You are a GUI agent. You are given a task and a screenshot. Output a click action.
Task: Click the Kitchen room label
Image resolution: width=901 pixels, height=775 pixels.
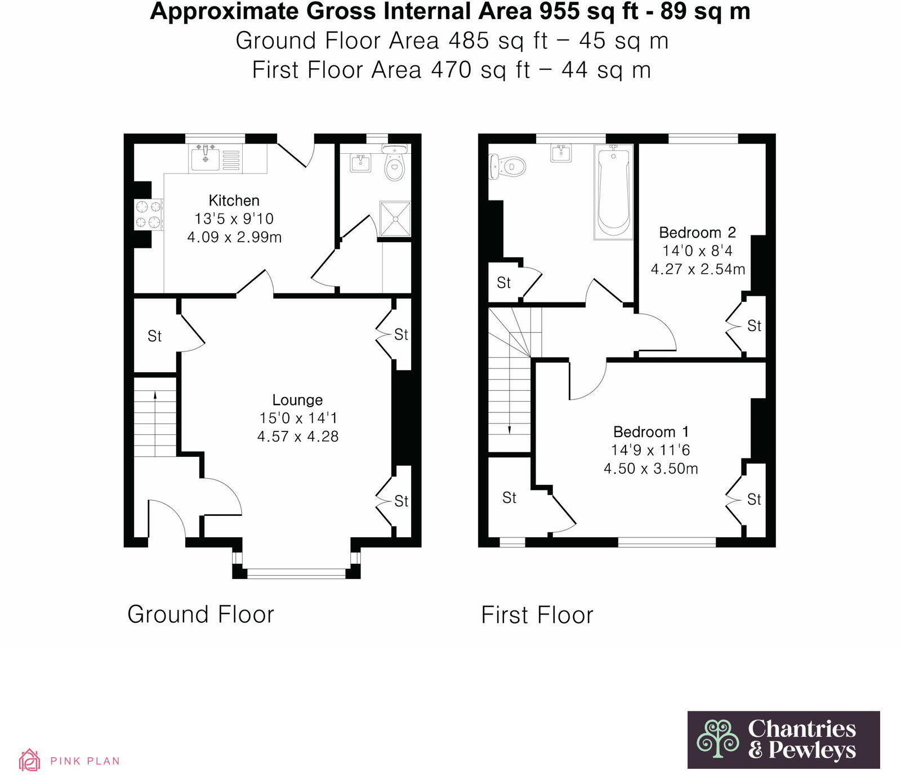point(234,201)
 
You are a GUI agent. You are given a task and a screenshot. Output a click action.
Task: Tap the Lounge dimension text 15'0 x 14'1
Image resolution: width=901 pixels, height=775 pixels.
point(298,418)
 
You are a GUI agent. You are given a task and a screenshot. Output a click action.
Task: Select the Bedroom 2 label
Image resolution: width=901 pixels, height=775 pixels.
point(697,233)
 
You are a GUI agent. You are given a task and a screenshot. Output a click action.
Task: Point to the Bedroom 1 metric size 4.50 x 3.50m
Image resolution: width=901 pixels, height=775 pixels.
point(650,469)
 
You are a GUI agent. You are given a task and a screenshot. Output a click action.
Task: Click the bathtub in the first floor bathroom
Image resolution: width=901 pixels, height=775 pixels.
point(613,191)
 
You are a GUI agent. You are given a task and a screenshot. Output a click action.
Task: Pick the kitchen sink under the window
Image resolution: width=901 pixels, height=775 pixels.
point(206,157)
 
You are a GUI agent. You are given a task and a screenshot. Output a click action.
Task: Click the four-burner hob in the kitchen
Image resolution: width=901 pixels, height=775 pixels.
point(148,215)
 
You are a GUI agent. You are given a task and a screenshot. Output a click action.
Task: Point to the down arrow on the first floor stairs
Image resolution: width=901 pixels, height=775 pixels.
point(510,429)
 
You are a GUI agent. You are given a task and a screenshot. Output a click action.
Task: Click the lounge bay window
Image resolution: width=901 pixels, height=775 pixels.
point(296,573)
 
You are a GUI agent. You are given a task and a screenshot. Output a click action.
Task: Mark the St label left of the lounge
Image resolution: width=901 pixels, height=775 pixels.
point(154,336)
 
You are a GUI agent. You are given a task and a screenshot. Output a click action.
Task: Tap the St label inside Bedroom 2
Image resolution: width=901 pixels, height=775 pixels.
point(753,326)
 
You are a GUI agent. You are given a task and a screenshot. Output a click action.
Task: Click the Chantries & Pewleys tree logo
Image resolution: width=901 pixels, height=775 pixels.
point(717,738)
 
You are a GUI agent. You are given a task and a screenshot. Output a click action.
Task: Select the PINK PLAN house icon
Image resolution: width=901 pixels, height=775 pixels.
point(29,760)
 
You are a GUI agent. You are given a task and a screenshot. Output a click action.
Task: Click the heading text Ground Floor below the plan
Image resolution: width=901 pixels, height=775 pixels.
point(200,614)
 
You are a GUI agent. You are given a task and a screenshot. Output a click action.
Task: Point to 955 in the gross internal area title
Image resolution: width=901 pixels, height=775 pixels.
point(560,11)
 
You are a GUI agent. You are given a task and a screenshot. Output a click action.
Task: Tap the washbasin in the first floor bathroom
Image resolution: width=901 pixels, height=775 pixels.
point(561,153)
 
